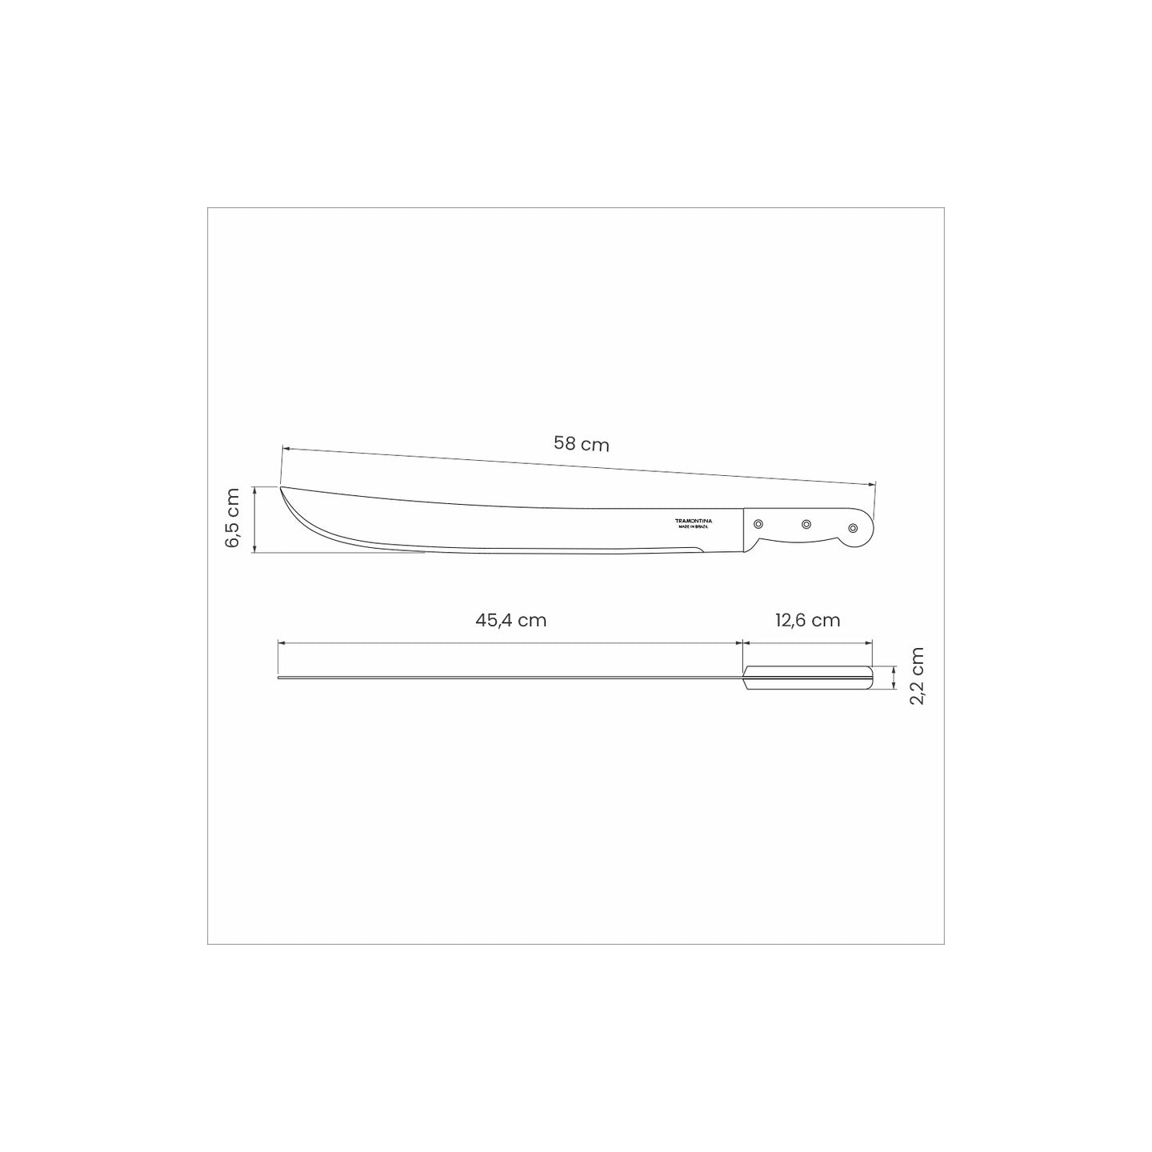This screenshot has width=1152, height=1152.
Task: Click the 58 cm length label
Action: pos(581,444)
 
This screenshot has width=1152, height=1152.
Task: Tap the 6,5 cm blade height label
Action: pos(232,518)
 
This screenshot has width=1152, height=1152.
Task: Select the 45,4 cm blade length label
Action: pos(510,621)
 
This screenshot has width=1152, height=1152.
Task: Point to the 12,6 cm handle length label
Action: pos(808,621)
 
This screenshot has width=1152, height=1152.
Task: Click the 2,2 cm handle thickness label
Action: pos(917,676)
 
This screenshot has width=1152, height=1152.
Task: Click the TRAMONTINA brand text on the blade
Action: pos(694,522)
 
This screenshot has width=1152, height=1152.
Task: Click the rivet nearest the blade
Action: pos(758,524)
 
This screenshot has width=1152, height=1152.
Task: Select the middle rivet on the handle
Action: pos(806,524)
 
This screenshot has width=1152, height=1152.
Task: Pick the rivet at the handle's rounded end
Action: pos(853,528)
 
